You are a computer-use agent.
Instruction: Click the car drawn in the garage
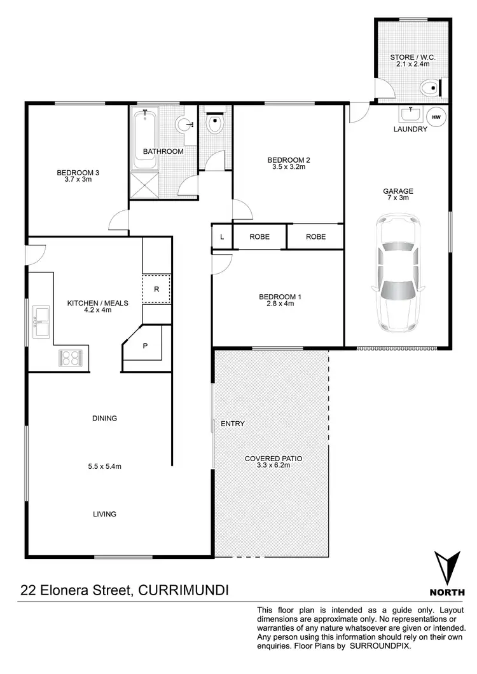tap(397, 273)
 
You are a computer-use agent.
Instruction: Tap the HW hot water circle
tap(436, 116)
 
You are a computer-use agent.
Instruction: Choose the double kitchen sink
tap(41, 321)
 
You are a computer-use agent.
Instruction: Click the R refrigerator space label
tap(156, 290)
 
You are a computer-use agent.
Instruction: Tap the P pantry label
tap(146, 346)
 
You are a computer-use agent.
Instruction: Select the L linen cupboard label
tap(221, 236)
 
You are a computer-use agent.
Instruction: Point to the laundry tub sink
tap(411, 115)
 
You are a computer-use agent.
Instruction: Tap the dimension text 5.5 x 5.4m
tap(104, 466)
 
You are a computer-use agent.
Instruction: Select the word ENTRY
tap(232, 424)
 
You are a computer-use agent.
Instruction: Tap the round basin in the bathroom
tap(185, 125)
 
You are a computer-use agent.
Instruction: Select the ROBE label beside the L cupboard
tap(259, 236)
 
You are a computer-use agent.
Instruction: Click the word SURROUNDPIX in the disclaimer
tap(385, 645)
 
